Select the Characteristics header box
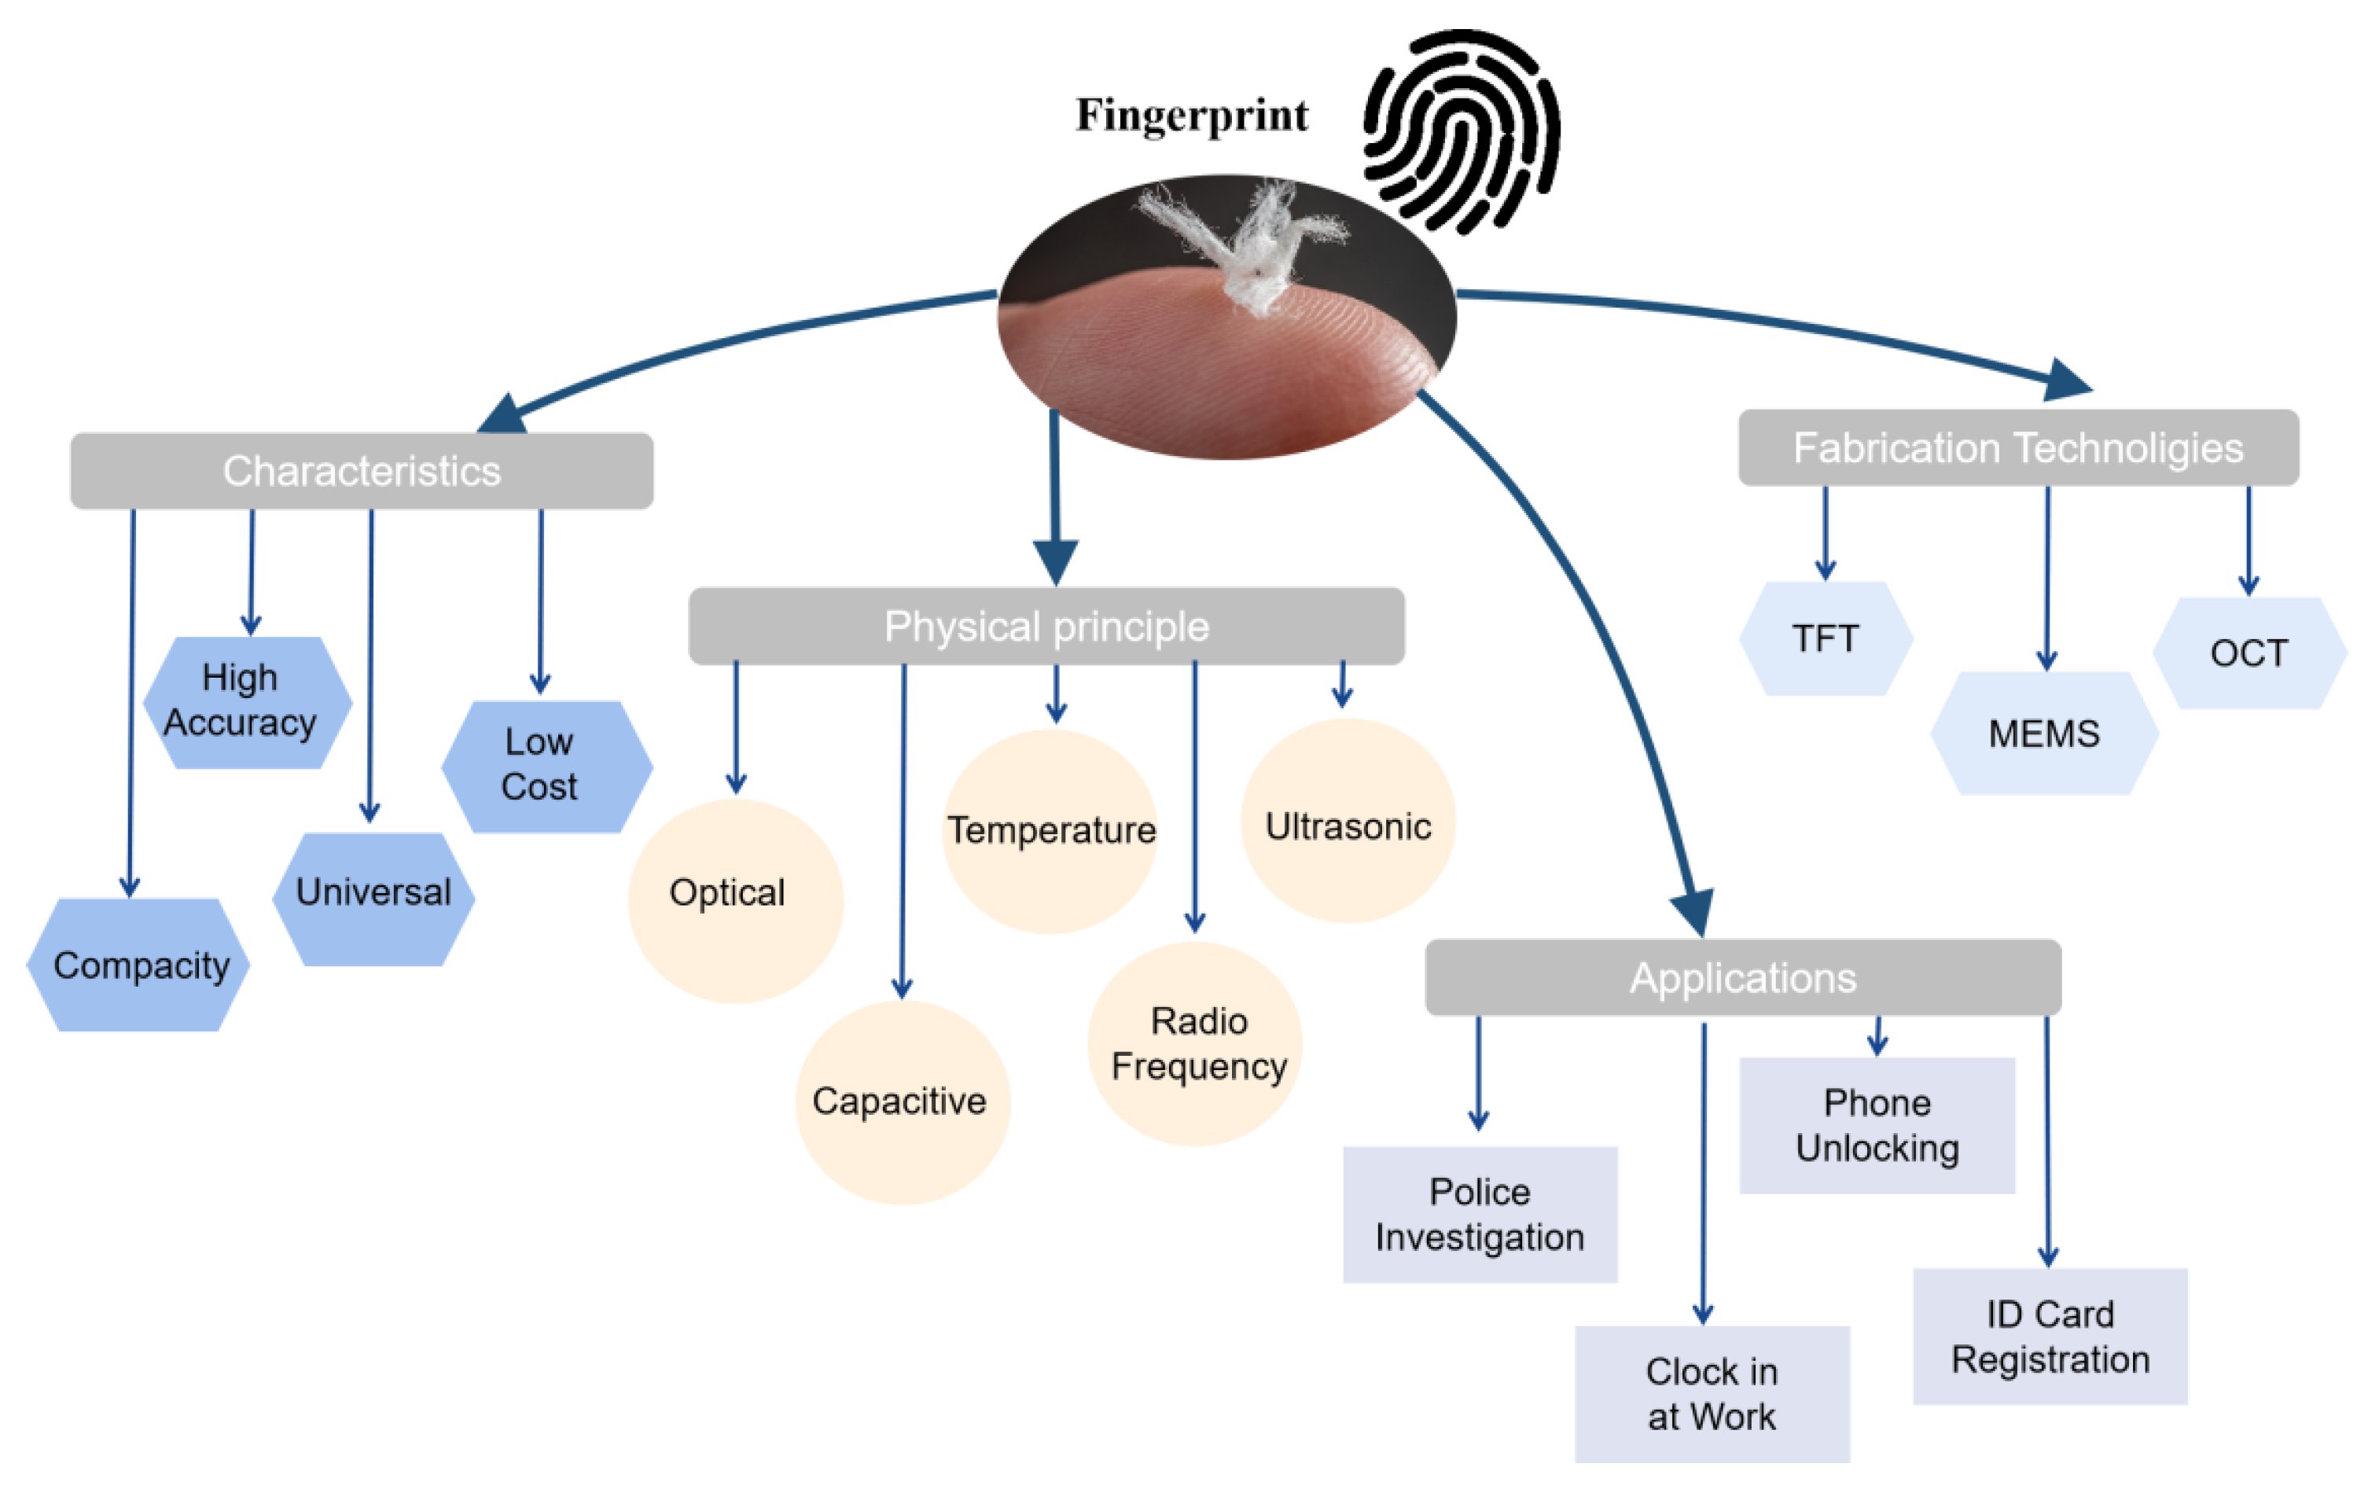(362, 471)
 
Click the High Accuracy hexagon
(247, 701)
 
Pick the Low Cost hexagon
(546, 767)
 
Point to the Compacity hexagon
(138, 965)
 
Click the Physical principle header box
(1046, 627)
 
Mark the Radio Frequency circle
(1196, 1043)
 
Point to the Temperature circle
(1050, 831)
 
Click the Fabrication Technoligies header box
(2018, 447)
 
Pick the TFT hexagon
(1826, 639)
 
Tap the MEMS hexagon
(2043, 734)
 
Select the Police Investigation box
(1480, 1215)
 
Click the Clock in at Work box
(1712, 1394)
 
